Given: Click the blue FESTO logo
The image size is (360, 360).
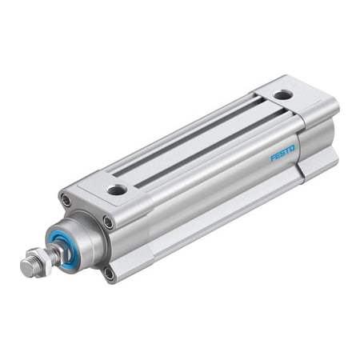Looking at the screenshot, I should [282, 151].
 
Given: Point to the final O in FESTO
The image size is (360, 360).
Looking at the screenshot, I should [292, 146].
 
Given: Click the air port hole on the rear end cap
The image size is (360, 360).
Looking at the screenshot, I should [282, 94].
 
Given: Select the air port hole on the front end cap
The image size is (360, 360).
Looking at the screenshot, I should [118, 190].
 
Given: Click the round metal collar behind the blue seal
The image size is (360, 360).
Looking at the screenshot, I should [80, 240].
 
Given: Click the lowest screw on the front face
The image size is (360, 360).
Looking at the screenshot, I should [110, 273].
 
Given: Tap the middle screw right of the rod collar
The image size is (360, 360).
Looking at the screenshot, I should [107, 222].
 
